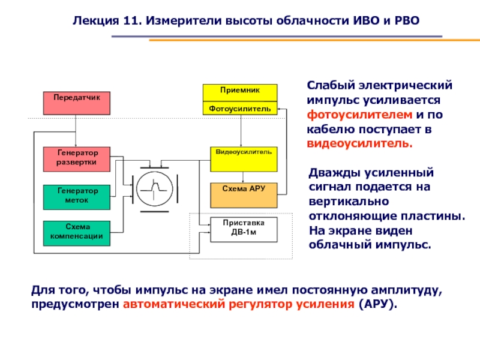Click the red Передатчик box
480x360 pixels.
point(76,103)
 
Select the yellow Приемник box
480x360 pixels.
point(239,92)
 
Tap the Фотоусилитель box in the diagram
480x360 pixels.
point(239,109)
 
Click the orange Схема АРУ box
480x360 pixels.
point(244,194)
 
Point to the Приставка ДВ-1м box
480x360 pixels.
point(244,229)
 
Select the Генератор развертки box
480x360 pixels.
point(77,158)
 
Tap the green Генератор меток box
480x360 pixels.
point(77,197)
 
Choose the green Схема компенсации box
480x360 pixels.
point(77,233)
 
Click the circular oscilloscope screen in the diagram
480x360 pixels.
point(154,190)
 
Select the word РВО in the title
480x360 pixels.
point(407,20)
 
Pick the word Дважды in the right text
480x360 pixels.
point(333,173)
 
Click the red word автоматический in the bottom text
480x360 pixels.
point(173,304)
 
